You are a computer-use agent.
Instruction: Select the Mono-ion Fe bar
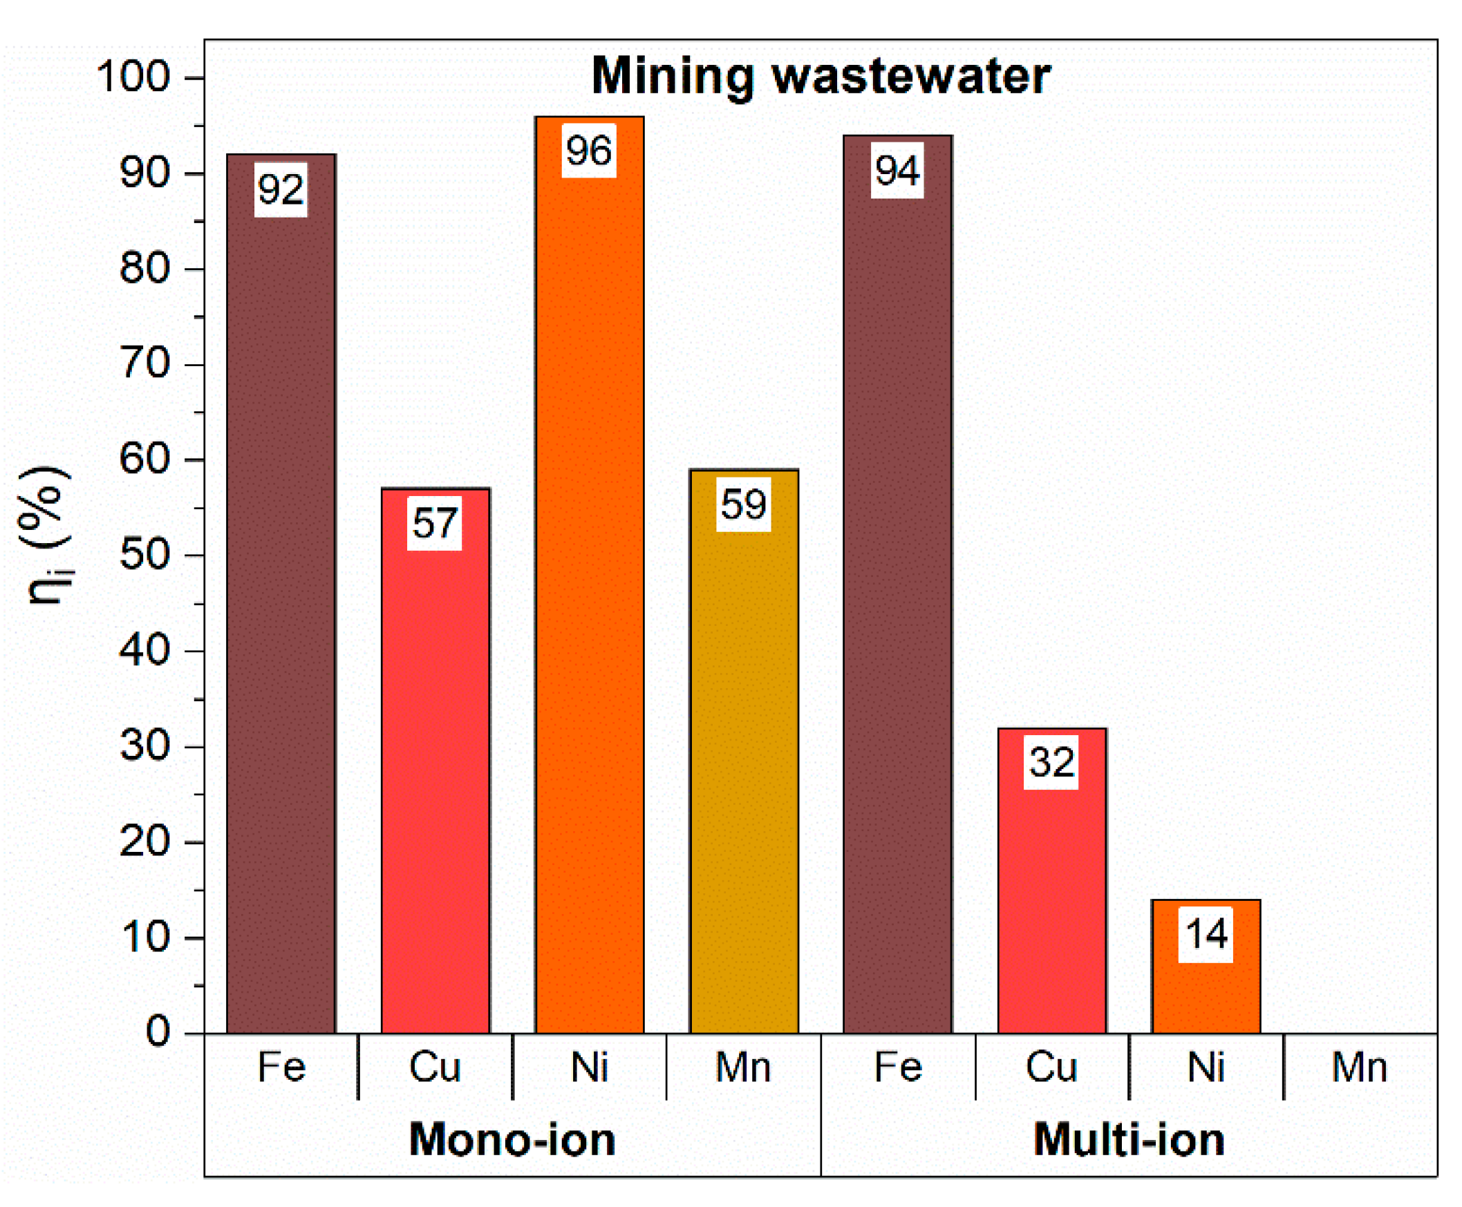[x=281, y=626]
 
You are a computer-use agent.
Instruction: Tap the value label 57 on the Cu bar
[x=434, y=523]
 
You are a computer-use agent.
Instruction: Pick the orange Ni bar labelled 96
[x=588, y=591]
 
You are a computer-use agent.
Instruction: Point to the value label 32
[x=1051, y=762]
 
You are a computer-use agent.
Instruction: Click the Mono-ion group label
[x=512, y=1140]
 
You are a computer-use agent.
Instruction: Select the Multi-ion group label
[x=1128, y=1140]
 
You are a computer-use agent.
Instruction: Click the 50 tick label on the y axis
[x=144, y=555]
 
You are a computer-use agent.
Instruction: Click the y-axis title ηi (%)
[x=44, y=535]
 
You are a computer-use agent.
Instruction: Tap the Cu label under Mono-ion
[x=434, y=1067]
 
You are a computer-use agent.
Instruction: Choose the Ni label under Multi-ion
[x=1206, y=1067]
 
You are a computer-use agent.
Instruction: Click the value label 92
[x=280, y=190]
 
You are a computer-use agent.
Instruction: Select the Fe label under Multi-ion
[x=897, y=1067]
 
